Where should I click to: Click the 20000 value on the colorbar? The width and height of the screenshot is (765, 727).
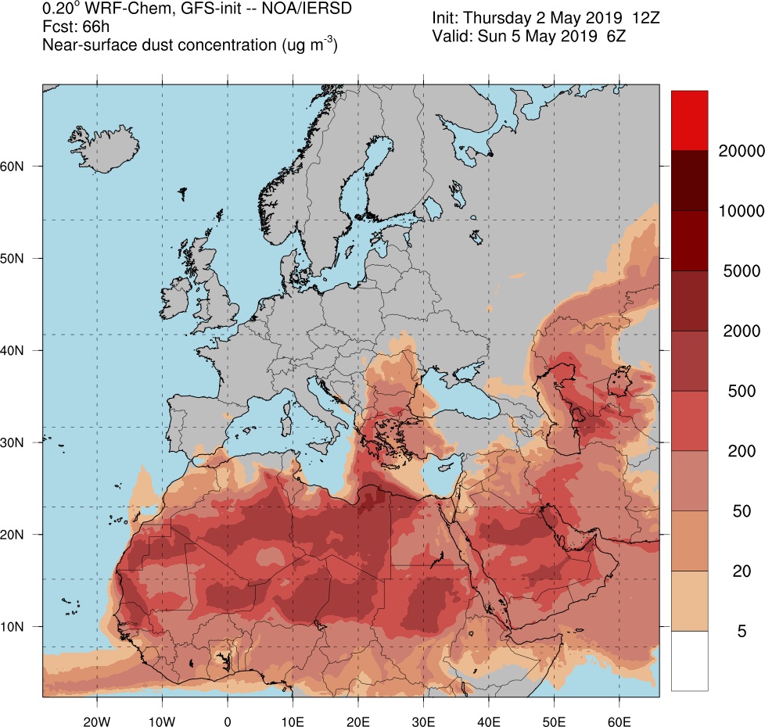coord(741,150)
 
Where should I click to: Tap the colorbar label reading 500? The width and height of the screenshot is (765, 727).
coord(741,391)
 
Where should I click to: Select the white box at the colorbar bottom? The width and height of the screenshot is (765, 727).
coord(689,661)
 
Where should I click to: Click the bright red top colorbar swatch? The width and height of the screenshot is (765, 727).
coord(689,120)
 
